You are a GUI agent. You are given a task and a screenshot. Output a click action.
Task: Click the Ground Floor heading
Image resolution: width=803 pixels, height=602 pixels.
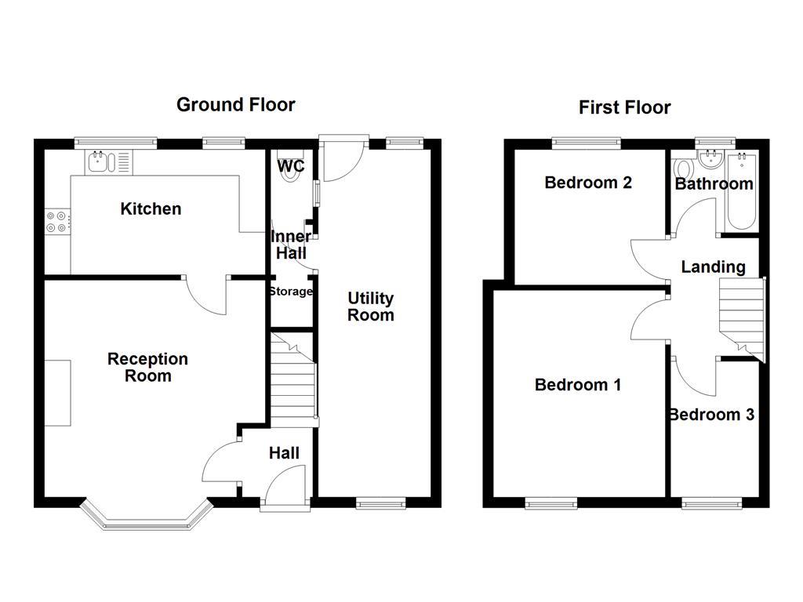point(235,105)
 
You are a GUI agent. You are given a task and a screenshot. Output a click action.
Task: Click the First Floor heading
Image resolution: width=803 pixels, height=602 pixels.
point(625,107)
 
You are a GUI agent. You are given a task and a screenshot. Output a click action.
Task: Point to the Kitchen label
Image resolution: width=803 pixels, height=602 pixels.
point(151,209)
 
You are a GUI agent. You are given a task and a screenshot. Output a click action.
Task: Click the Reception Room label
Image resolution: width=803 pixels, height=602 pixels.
point(147,367)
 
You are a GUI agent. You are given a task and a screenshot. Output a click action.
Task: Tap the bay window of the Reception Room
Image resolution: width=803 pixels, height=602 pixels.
point(147,513)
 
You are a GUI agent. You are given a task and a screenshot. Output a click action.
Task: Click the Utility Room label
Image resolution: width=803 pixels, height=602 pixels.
point(371,306)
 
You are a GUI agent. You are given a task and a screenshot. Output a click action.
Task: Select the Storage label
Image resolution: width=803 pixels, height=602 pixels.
point(291,292)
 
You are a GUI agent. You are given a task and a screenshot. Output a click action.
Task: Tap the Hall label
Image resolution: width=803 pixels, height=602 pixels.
point(284,453)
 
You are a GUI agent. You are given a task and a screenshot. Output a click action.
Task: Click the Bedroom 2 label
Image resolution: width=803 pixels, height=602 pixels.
point(588,182)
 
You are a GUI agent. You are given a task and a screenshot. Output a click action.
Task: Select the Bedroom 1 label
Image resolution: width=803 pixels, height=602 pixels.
point(578,384)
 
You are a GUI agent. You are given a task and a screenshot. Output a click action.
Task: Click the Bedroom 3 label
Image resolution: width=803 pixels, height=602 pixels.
point(712,414)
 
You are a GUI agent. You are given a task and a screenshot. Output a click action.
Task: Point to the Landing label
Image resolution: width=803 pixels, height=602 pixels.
point(713,267)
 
